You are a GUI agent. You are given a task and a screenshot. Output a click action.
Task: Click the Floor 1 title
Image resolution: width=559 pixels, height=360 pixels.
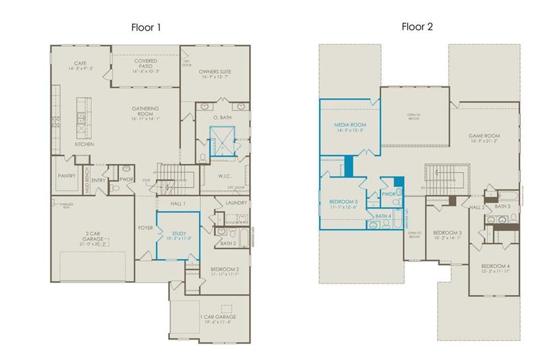pyautogui.click(x=146, y=28)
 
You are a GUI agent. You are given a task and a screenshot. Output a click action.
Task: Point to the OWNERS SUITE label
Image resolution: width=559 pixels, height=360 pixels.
pyautogui.click(x=215, y=72)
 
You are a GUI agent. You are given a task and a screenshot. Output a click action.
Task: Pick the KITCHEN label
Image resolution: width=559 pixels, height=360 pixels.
pyautogui.click(x=84, y=145)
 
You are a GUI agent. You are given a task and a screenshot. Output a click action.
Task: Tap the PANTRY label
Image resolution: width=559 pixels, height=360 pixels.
pyautogui.click(x=66, y=176)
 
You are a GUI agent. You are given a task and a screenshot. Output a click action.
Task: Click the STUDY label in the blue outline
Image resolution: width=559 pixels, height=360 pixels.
pyautogui.click(x=179, y=233)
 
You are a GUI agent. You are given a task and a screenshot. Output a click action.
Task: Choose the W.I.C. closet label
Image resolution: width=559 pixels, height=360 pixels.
pyautogui.click(x=224, y=176)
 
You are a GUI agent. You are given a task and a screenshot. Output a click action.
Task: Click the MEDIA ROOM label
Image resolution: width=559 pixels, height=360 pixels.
pyautogui.click(x=350, y=125)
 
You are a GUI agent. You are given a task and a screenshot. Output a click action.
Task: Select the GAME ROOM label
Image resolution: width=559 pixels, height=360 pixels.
pyautogui.click(x=484, y=136)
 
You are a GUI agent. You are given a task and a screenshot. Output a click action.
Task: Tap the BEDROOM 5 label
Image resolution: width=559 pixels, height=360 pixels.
pyautogui.click(x=343, y=202)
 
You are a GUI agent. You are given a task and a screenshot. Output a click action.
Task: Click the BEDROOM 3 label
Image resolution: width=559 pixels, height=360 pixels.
pyautogui.click(x=447, y=232)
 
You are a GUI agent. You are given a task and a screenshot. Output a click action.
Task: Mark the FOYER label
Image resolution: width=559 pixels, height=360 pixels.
pyautogui.click(x=145, y=228)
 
